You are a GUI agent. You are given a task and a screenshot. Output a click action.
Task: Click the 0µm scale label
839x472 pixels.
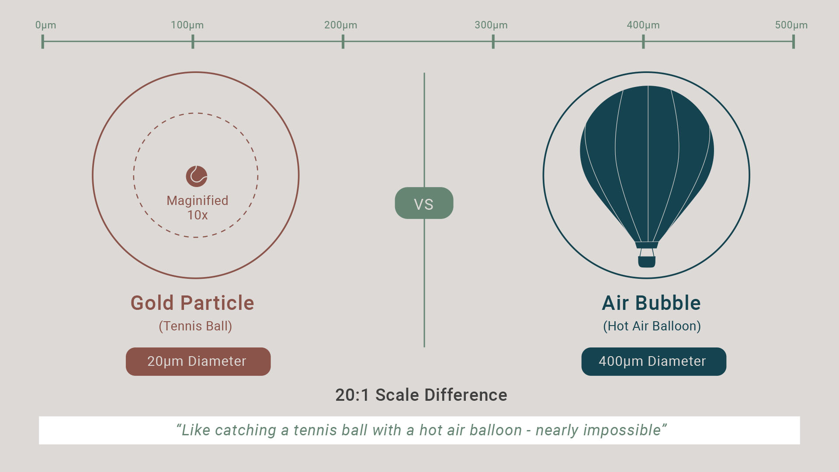point(45,25)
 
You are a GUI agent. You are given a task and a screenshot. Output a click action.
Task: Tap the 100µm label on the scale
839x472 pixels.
point(187,25)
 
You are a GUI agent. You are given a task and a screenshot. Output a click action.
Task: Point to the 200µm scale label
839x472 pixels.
point(340,25)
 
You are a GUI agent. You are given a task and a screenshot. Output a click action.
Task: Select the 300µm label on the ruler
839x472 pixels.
point(491,25)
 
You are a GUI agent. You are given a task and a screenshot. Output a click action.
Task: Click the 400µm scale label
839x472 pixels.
point(643,25)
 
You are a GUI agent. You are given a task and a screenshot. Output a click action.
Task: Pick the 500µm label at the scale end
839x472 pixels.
point(791,25)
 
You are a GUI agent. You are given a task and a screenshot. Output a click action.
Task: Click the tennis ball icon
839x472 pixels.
point(197,176)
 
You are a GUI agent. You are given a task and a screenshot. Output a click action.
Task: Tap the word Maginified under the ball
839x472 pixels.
point(198,201)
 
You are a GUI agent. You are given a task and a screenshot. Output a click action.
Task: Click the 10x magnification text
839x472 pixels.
point(198,215)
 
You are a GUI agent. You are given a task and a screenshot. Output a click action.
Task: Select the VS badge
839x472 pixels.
point(424,203)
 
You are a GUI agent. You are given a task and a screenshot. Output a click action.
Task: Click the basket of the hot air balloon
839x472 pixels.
point(647,261)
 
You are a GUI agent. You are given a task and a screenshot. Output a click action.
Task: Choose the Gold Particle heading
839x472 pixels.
point(192,303)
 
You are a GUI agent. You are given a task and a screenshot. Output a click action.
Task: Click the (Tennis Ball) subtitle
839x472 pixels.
point(195,326)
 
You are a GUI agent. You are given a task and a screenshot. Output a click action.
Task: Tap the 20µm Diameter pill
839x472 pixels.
point(198,361)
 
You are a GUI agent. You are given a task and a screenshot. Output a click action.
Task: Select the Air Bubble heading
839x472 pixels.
point(651,303)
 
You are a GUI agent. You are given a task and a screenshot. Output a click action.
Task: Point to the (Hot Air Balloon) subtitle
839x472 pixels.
point(652,326)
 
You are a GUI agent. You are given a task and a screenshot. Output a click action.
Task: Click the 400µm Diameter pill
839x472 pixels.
point(654,361)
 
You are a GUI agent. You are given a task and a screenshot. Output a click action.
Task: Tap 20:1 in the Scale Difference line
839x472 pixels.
point(352,395)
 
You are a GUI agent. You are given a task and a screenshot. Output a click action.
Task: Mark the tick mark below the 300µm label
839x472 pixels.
point(493,42)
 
